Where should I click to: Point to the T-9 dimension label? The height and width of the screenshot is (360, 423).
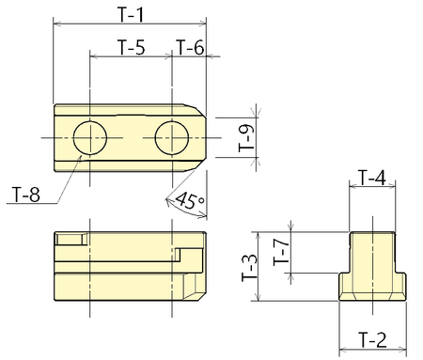(x=244, y=137)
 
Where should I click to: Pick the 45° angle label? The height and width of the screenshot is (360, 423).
(x=190, y=199)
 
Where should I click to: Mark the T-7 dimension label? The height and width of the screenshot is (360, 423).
(x=278, y=251)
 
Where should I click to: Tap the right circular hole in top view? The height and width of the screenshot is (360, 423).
(x=174, y=137)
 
